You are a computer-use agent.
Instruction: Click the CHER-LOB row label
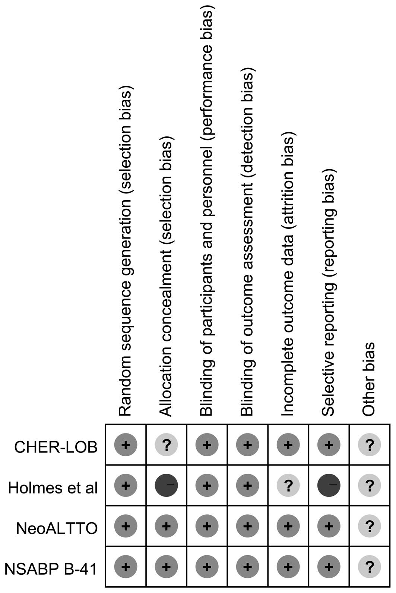[x=56, y=446]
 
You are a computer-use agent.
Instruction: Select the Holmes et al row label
[x=53, y=487]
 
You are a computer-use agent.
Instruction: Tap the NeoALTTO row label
[x=57, y=528]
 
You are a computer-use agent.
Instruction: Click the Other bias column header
[x=369, y=379]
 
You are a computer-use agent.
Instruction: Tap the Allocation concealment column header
[x=166, y=278]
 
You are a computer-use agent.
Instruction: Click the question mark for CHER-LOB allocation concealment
[x=166, y=445]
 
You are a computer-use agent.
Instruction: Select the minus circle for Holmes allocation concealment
[x=166, y=485]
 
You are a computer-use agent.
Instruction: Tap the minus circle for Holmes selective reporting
[x=329, y=485]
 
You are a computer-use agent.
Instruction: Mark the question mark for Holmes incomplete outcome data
[x=288, y=485]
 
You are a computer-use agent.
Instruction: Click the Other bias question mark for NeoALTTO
[x=369, y=526]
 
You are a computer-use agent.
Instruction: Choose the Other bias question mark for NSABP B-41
[x=369, y=567]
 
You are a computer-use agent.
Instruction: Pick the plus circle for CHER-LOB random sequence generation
[x=126, y=445]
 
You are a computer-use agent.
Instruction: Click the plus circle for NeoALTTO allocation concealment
[x=166, y=526]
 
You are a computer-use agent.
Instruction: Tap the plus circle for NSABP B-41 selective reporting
[x=329, y=567]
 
